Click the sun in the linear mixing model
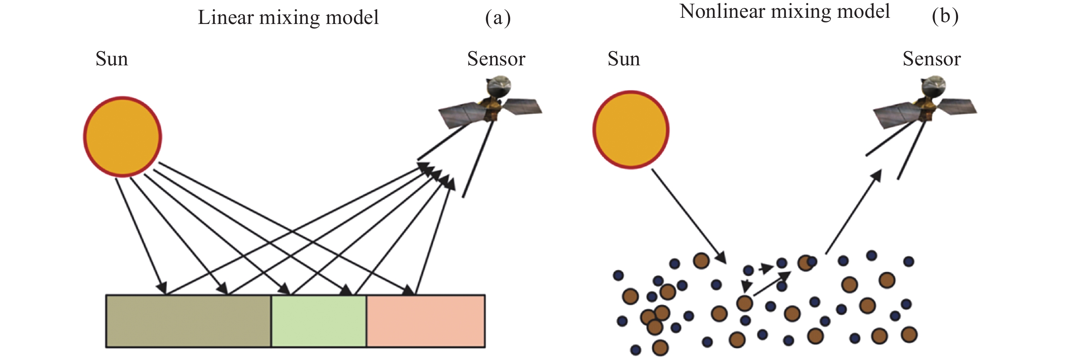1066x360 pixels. point(123,136)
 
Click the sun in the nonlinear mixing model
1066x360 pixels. point(631,130)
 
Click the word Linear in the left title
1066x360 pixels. point(226,17)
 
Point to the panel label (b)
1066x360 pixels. point(945,17)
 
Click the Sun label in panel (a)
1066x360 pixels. point(112,59)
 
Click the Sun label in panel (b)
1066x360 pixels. point(624,59)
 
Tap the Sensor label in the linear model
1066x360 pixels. point(496,59)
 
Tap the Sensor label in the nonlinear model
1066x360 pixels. point(931,59)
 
